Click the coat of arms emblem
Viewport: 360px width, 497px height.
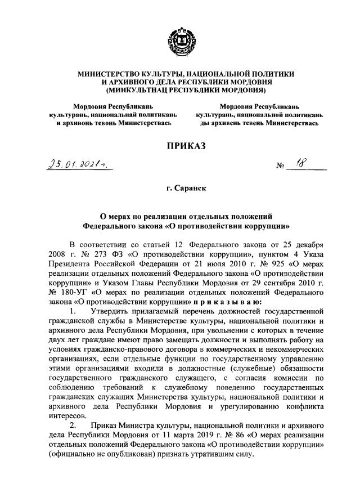(x=181, y=42)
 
